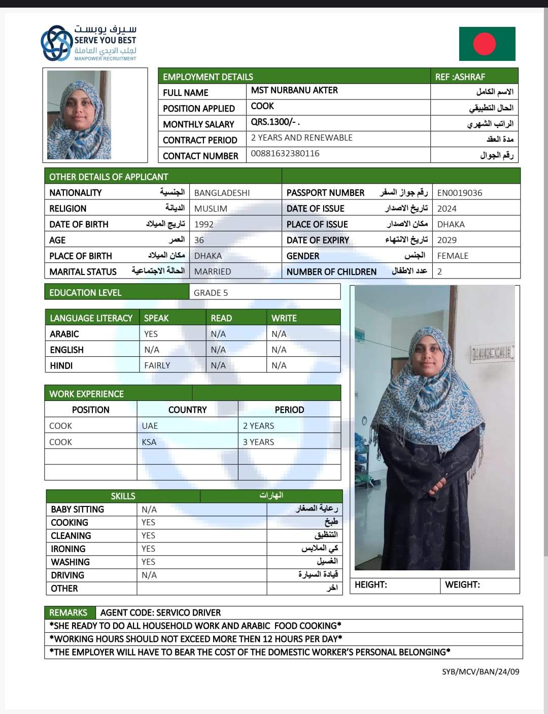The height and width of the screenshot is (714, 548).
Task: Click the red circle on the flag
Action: [484, 44]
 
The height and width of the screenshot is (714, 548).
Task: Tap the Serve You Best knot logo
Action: [56, 43]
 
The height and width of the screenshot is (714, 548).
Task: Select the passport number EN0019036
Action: [460, 193]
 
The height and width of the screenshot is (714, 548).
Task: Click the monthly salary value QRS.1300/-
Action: [275, 122]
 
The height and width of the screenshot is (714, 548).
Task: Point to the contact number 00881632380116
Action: [285, 153]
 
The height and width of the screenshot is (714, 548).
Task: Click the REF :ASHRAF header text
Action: [460, 77]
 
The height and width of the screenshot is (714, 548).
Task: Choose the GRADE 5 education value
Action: [211, 292]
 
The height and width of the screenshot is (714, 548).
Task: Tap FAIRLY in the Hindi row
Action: [157, 365]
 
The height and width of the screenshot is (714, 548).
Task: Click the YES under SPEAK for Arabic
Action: [151, 334]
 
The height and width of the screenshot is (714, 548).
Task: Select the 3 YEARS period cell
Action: [258, 442]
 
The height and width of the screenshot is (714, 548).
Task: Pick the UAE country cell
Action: [150, 426]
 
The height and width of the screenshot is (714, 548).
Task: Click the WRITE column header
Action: [284, 318]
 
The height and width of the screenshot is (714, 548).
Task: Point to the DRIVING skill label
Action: [67, 575]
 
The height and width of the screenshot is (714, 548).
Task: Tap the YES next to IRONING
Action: [148, 549]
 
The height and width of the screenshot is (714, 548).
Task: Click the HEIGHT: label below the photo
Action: [370, 585]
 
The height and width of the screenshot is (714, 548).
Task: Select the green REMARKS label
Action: [68, 613]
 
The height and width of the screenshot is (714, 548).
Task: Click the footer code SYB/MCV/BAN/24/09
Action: [481, 671]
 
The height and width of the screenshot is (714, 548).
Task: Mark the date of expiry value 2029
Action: [447, 240]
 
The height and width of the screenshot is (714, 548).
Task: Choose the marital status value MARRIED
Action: [212, 271]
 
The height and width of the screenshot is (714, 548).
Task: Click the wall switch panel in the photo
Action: [491, 353]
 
